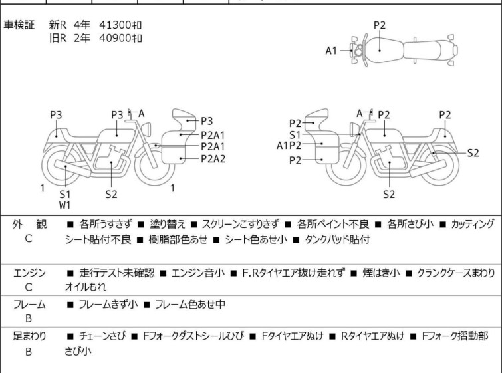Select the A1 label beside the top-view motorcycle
point(331,50)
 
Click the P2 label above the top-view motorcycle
point(379,25)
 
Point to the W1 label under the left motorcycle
point(64,205)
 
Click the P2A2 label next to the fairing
point(213,158)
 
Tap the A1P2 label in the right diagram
point(289,145)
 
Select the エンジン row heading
point(29,272)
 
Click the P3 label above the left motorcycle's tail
point(56,115)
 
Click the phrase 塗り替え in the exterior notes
point(162,224)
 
